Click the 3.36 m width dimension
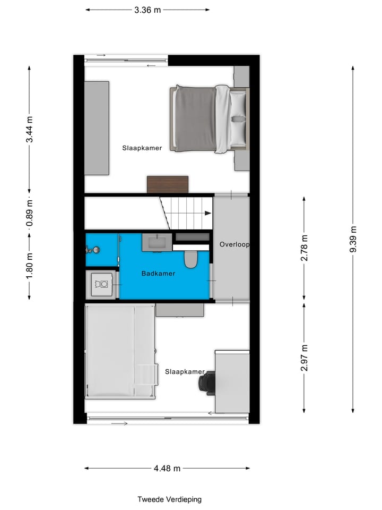[x=147, y=10]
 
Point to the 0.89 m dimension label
[x=30, y=212]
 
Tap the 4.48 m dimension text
[x=167, y=468]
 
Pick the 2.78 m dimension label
[x=304, y=248]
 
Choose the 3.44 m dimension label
[x=30, y=129]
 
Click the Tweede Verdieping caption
[x=169, y=499]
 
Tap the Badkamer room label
[x=158, y=274]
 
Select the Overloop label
[x=234, y=245]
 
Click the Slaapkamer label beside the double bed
[x=142, y=148]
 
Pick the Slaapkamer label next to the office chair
[x=184, y=371]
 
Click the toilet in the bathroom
[x=190, y=259]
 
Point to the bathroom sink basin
[x=157, y=243]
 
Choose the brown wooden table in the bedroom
[x=168, y=184]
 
